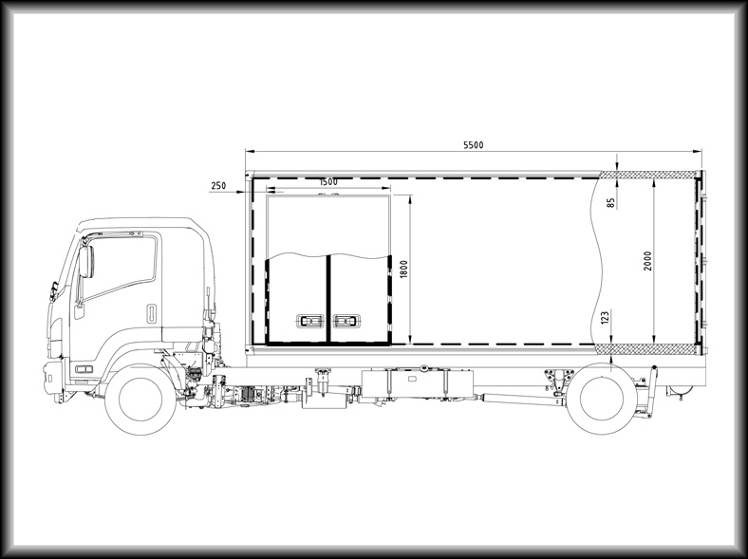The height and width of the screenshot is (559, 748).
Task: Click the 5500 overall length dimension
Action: (474, 145)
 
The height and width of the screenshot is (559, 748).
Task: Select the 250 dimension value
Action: (218, 185)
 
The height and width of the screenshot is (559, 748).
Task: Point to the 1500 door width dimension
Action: (328, 181)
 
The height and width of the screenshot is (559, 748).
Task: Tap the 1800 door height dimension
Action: (404, 269)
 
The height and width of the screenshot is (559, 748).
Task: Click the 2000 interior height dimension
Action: (647, 261)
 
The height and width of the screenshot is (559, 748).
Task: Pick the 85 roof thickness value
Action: (611, 203)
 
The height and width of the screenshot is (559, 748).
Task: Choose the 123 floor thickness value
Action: (605, 318)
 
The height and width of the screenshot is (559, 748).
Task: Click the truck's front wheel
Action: (140, 400)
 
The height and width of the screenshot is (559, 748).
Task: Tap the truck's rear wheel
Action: (602, 399)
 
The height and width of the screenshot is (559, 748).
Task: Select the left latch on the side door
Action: (309, 322)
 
